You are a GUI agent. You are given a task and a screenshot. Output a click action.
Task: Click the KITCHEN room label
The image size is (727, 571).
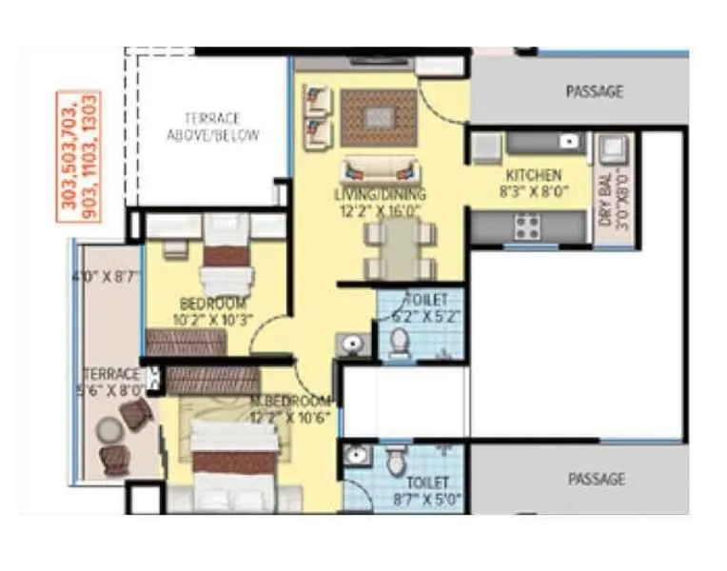[x=533, y=175]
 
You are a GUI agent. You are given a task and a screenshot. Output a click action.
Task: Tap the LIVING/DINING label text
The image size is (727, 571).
[x=380, y=195]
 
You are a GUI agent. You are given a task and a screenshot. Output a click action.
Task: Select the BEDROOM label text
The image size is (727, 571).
[x=212, y=304]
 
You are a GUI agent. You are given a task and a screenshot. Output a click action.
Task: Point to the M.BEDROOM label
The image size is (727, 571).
[x=290, y=401]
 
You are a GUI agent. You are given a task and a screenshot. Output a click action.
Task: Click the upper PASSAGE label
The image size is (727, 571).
[x=595, y=92]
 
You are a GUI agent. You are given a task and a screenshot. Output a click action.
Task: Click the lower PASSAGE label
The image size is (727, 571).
[x=597, y=479]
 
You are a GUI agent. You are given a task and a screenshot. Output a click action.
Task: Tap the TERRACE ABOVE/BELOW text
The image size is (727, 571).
[x=212, y=127]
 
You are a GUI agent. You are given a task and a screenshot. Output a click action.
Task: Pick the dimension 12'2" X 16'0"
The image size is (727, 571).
[x=379, y=210]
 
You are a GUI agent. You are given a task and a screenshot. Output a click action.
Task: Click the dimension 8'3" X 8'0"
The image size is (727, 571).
[x=533, y=190]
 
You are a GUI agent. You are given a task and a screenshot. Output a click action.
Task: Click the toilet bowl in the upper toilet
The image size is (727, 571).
[x=400, y=342]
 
